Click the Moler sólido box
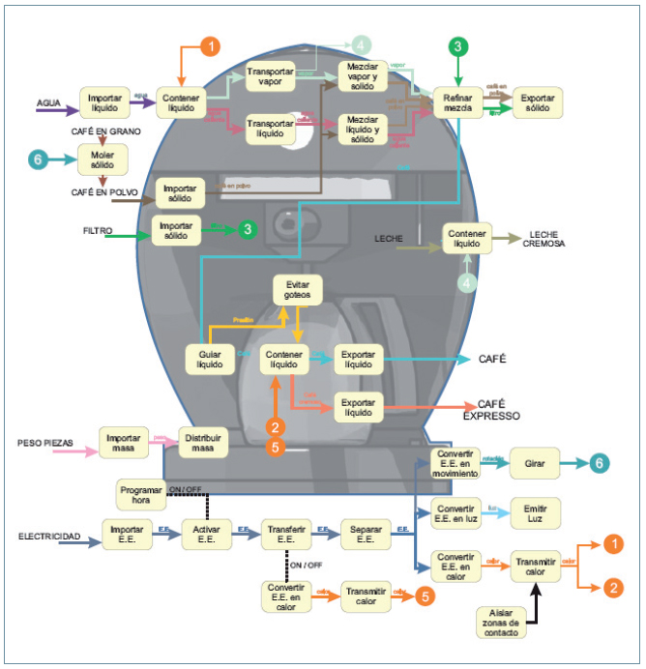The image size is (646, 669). (x=103, y=160)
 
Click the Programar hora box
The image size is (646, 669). (x=141, y=493)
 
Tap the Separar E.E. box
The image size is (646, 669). (x=365, y=534)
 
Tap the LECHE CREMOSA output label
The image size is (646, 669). (x=548, y=240)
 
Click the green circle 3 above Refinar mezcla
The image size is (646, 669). (x=458, y=45)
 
